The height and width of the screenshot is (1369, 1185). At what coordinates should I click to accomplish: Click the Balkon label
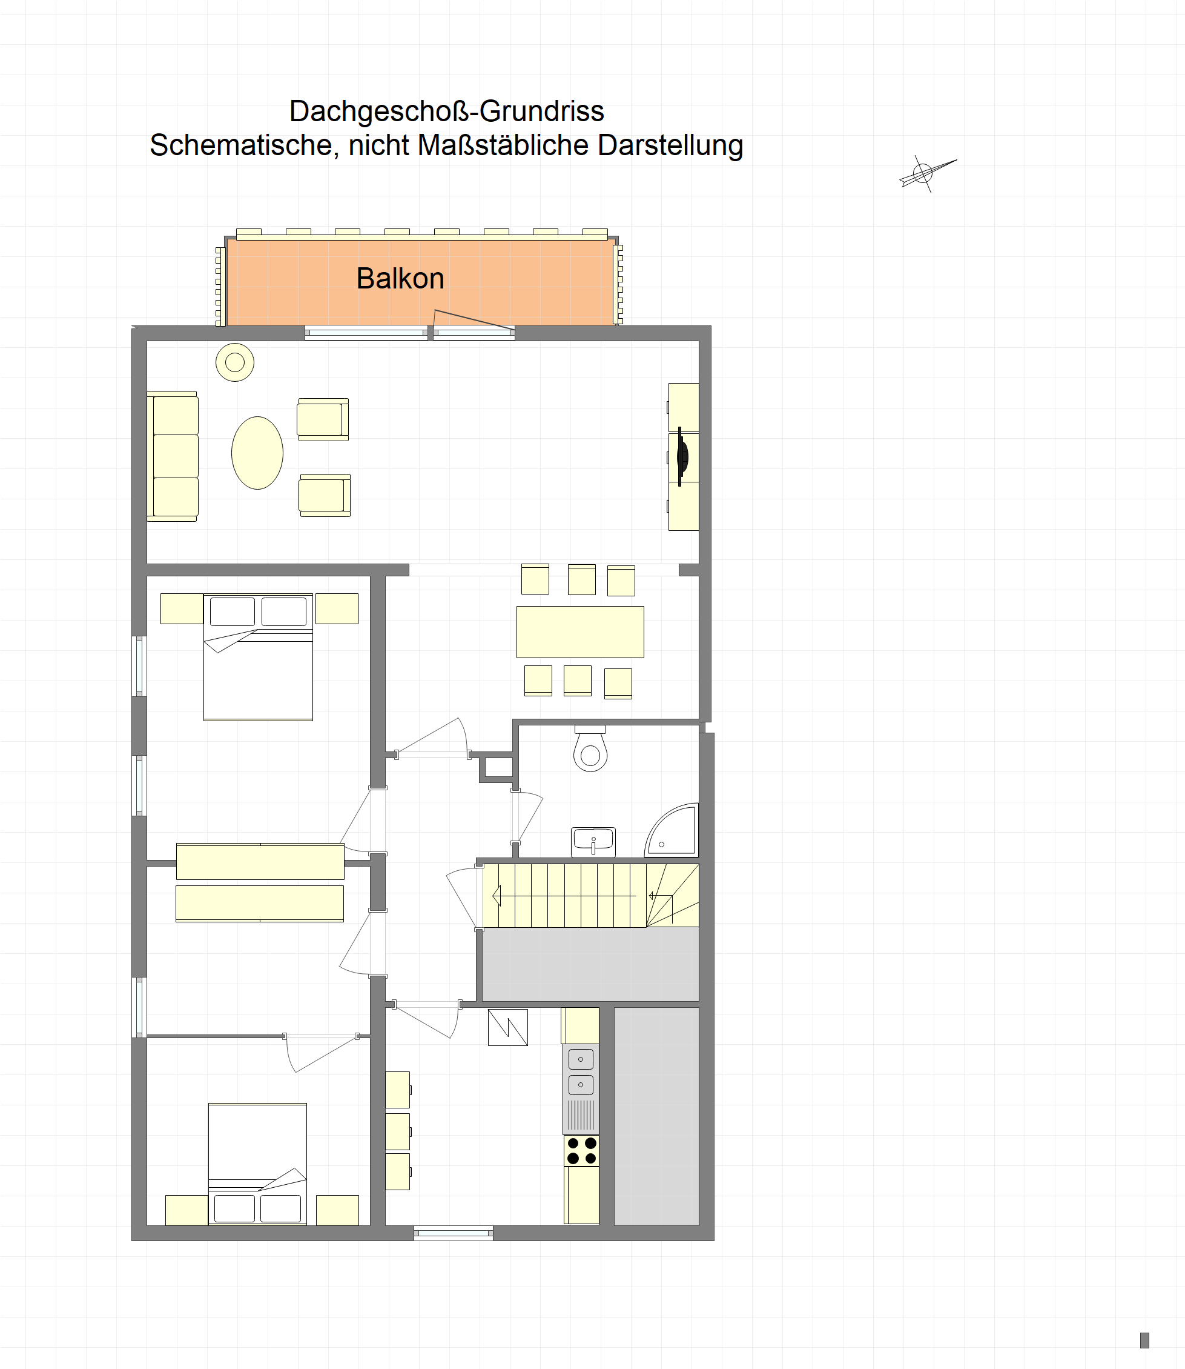pos(400,279)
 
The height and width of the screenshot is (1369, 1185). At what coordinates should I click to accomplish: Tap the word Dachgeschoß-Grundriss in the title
pos(446,111)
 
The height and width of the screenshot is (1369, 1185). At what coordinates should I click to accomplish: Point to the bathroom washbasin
pos(593,842)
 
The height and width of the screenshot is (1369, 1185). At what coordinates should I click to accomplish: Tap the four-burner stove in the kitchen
pos(581,1151)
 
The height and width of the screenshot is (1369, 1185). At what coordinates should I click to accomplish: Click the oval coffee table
pos(257,453)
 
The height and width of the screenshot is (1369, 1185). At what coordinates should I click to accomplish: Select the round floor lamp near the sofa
pos(235,362)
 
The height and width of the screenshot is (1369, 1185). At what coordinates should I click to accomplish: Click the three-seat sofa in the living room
pos(173,456)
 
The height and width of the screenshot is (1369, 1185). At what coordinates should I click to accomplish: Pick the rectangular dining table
pos(580,632)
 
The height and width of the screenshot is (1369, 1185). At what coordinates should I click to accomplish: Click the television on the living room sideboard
pos(682,456)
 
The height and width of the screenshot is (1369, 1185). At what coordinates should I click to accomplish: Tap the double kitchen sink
pos(581,1072)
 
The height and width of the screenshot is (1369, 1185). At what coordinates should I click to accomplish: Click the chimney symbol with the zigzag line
pos(508,1028)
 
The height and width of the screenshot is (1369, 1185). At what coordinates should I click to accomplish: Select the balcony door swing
pos(474,319)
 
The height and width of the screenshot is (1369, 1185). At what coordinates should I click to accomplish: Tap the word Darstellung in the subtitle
pos(670,145)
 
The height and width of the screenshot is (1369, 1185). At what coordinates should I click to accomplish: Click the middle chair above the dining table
pos(582,579)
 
